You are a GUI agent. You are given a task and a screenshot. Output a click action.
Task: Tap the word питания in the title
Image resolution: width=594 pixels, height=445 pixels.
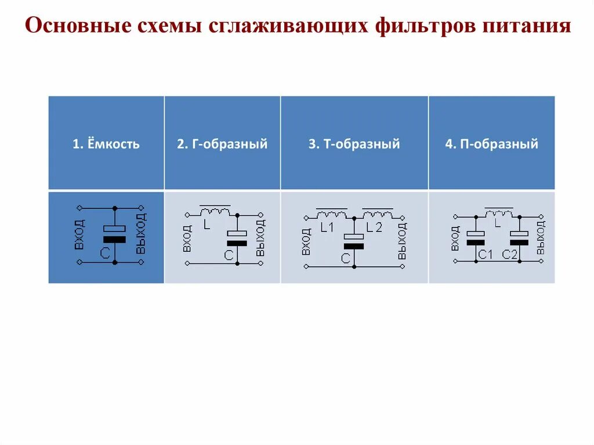[524, 26]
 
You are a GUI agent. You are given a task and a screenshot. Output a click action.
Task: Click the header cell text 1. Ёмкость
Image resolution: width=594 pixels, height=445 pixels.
[106, 144]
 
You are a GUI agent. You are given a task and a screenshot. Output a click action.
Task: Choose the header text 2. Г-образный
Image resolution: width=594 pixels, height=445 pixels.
[222, 144]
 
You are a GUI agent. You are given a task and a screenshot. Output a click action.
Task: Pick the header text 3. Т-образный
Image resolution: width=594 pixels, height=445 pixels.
[354, 144]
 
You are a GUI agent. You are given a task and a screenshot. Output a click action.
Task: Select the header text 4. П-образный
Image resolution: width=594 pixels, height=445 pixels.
[491, 144]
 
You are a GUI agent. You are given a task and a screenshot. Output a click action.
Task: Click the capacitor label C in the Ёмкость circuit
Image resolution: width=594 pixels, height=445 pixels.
[104, 252]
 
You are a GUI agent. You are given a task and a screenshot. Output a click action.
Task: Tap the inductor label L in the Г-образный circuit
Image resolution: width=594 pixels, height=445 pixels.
[207, 224]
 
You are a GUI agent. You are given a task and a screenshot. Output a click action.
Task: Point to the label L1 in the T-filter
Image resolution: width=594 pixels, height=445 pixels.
[327, 227]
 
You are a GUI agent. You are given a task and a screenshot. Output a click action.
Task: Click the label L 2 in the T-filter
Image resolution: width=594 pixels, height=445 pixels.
[374, 227]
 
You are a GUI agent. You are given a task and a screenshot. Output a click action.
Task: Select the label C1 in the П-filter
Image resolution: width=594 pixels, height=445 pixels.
[485, 254]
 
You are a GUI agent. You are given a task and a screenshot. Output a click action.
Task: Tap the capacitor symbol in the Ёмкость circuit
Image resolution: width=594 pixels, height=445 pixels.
[114, 234]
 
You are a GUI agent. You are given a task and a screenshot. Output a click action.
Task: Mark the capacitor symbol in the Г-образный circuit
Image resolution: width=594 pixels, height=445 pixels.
[237, 238]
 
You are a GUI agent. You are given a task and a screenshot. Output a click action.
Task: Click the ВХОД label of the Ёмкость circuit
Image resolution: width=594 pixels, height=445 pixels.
[79, 234]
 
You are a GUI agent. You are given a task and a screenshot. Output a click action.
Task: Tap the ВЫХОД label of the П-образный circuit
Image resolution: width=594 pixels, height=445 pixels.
[541, 237]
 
